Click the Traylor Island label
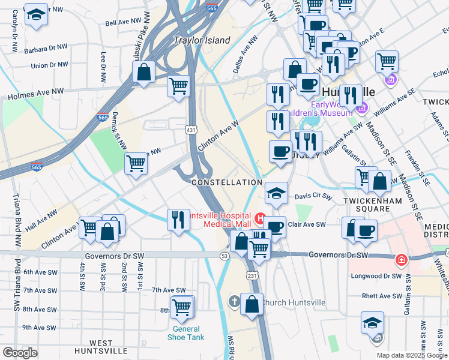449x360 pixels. (x=202, y=40)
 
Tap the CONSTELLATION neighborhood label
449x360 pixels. (x=226, y=182)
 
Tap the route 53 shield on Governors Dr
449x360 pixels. (x=224, y=256)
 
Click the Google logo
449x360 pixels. (x=20, y=352)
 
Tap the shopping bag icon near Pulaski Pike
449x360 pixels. (x=144, y=73)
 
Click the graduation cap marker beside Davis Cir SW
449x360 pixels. (x=276, y=193)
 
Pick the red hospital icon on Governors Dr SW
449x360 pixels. (x=400, y=260)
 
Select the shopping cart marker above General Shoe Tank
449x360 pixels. (x=181, y=307)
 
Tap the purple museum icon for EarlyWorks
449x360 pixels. (x=362, y=109)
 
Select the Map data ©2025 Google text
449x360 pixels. (x=412, y=355)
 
